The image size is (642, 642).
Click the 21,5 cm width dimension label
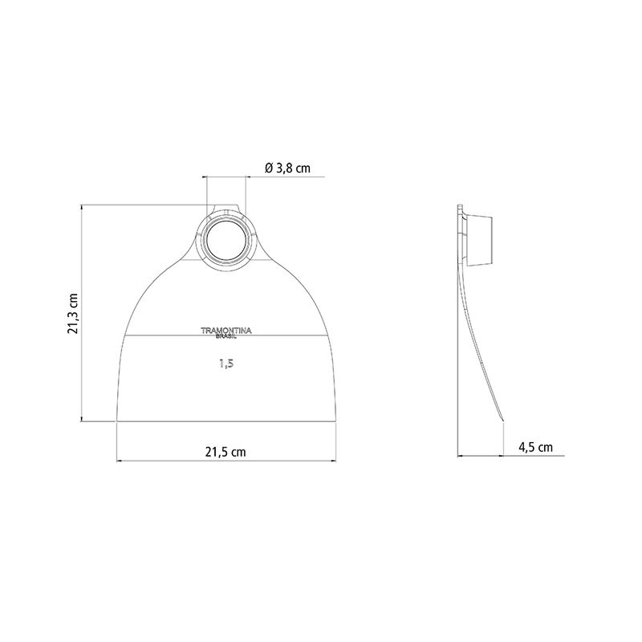point(226,452)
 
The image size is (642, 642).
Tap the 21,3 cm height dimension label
point(72,313)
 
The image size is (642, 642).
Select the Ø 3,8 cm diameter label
point(287,168)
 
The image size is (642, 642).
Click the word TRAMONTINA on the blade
point(226,331)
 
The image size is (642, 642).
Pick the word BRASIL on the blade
point(226,336)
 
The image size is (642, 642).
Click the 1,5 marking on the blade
point(226,364)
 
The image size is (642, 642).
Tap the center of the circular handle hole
point(226,238)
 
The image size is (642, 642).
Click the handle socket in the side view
point(478,240)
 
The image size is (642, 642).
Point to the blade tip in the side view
point(502,421)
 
